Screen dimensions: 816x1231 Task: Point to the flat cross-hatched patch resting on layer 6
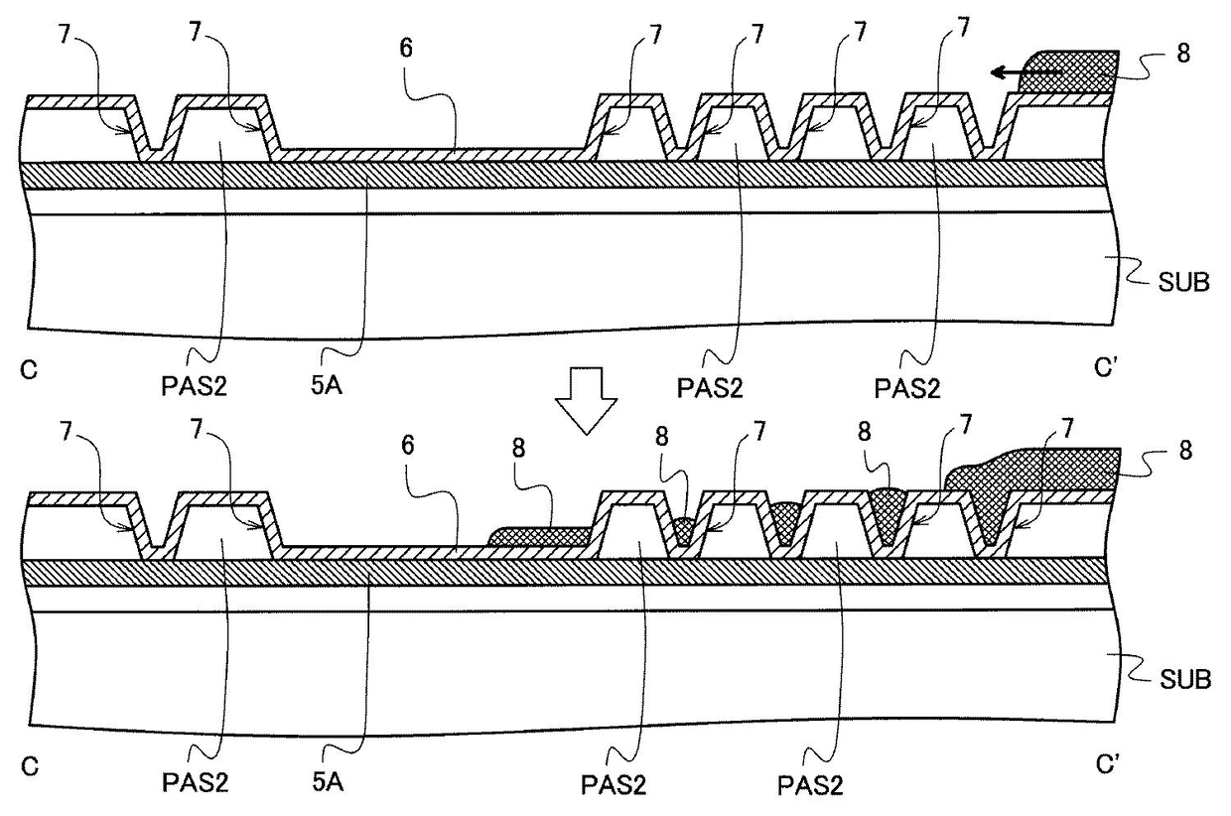tap(541, 535)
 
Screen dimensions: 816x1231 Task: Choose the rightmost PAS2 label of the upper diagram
tap(904, 385)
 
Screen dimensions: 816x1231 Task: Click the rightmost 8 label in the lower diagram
tap(1181, 450)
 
